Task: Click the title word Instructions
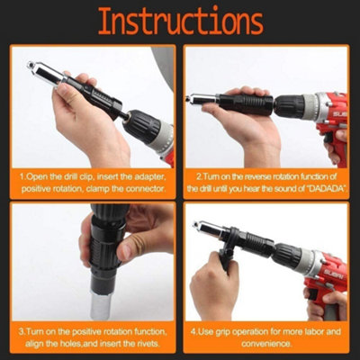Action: pyautogui.click(x=180, y=22)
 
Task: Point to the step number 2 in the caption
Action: pyautogui.click(x=200, y=177)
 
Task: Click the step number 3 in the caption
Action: pyautogui.click(x=22, y=330)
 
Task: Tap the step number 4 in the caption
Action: pyautogui.click(x=200, y=330)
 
